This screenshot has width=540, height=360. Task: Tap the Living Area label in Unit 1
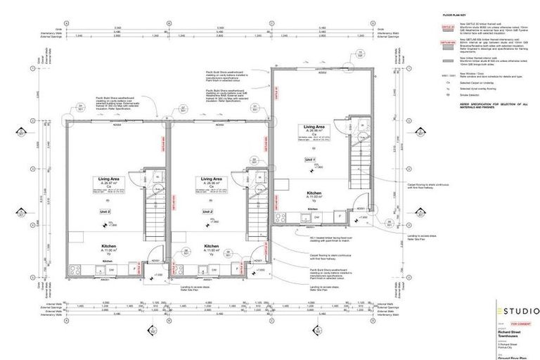pyautogui.click(x=314, y=127)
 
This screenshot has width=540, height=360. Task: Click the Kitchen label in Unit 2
pyautogui.click(x=212, y=246)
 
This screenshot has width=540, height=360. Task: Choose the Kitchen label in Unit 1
pyautogui.click(x=314, y=192)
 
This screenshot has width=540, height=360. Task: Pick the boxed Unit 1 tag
pyautogui.click(x=309, y=160)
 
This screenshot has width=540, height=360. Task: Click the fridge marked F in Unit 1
pyautogui.click(x=337, y=216)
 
